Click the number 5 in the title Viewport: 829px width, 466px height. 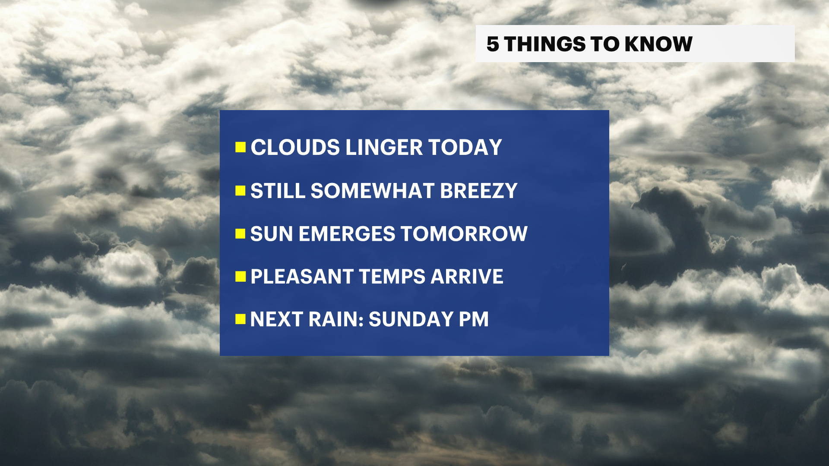(493, 44)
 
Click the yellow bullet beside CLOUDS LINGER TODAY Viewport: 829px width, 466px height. (240, 148)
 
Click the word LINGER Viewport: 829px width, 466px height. (384, 148)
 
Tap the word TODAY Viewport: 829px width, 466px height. (465, 148)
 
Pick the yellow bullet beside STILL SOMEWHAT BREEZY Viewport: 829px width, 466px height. (240, 191)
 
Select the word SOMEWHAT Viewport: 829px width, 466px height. (372, 191)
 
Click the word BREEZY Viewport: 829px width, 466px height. (478, 191)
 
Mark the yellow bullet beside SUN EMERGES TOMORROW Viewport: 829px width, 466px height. (240, 234)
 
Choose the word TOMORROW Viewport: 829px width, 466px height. (464, 234)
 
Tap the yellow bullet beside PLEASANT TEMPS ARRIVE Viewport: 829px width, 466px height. (240, 277)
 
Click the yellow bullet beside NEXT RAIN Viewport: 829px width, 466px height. (240, 319)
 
